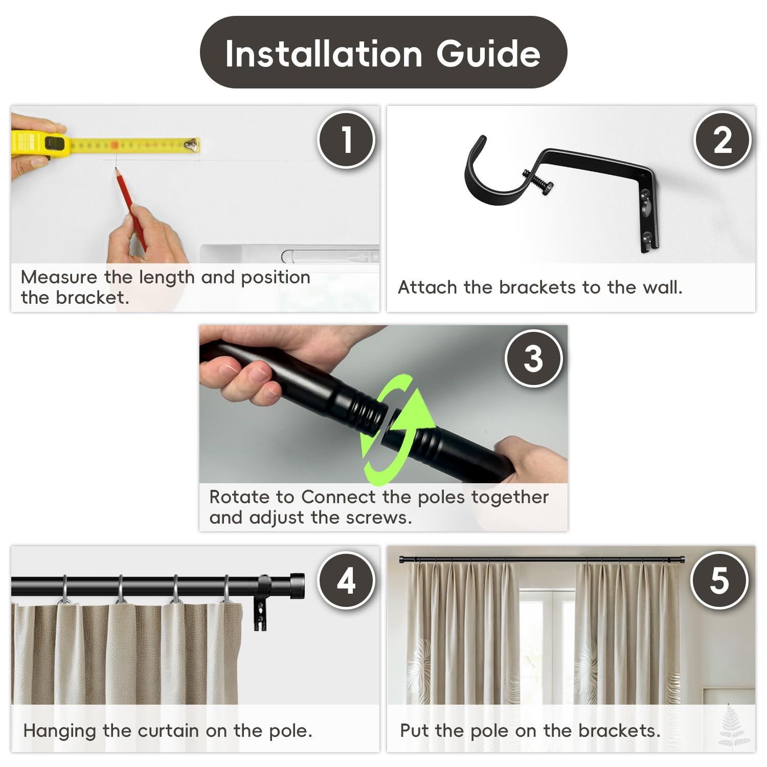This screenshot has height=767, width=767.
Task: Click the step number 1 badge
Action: (x=347, y=140)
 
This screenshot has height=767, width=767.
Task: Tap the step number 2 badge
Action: (x=723, y=140)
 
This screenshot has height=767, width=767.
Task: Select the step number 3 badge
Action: (x=534, y=358)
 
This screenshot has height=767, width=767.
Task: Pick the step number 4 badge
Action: (x=347, y=580)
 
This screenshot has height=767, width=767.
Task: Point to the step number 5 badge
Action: (x=719, y=580)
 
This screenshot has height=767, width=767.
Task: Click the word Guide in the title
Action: (x=488, y=54)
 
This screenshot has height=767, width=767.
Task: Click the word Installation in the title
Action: (x=324, y=54)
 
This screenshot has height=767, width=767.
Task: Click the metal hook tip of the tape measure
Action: (x=192, y=145)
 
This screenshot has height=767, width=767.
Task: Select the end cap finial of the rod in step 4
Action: (x=297, y=585)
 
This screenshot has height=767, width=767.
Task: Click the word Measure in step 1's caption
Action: (x=59, y=277)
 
